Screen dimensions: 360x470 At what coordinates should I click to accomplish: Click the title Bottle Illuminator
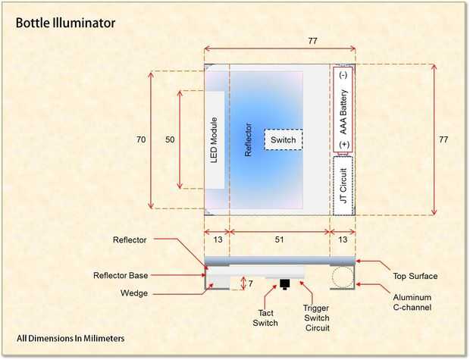click(x=66, y=23)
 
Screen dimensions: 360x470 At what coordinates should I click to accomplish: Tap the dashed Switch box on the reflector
click(x=283, y=139)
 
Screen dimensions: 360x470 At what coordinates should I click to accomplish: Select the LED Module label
click(x=214, y=140)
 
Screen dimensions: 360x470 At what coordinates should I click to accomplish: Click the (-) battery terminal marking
click(x=343, y=75)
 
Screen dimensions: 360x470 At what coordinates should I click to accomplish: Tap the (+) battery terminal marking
click(x=343, y=145)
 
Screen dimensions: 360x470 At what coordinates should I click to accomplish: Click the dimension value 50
click(x=170, y=139)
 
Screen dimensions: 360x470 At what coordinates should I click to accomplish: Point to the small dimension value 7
click(x=252, y=283)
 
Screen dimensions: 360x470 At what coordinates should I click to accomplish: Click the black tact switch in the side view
click(x=285, y=284)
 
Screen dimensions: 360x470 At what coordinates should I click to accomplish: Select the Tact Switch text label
click(x=265, y=318)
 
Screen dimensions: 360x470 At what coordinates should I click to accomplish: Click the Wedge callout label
click(x=132, y=293)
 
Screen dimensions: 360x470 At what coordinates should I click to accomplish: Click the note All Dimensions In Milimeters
click(x=70, y=337)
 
